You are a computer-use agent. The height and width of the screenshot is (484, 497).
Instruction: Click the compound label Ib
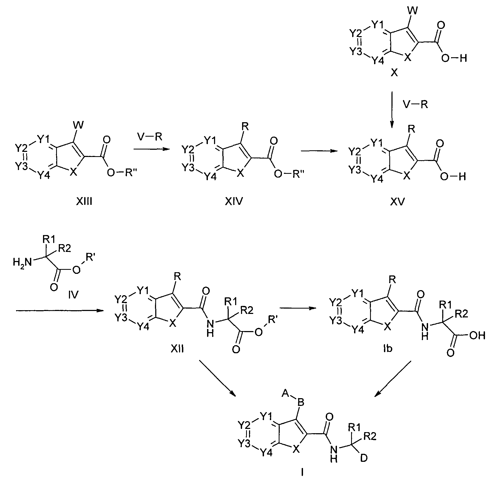(388, 348)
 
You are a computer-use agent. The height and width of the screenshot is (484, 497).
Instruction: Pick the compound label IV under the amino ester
(73, 295)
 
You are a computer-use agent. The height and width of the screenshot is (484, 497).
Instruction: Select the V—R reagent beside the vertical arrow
(416, 105)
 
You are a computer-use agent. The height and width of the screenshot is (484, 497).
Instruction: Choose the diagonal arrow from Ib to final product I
(393, 379)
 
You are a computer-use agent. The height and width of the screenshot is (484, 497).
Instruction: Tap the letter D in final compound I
(364, 458)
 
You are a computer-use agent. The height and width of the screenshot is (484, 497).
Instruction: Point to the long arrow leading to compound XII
(60, 310)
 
